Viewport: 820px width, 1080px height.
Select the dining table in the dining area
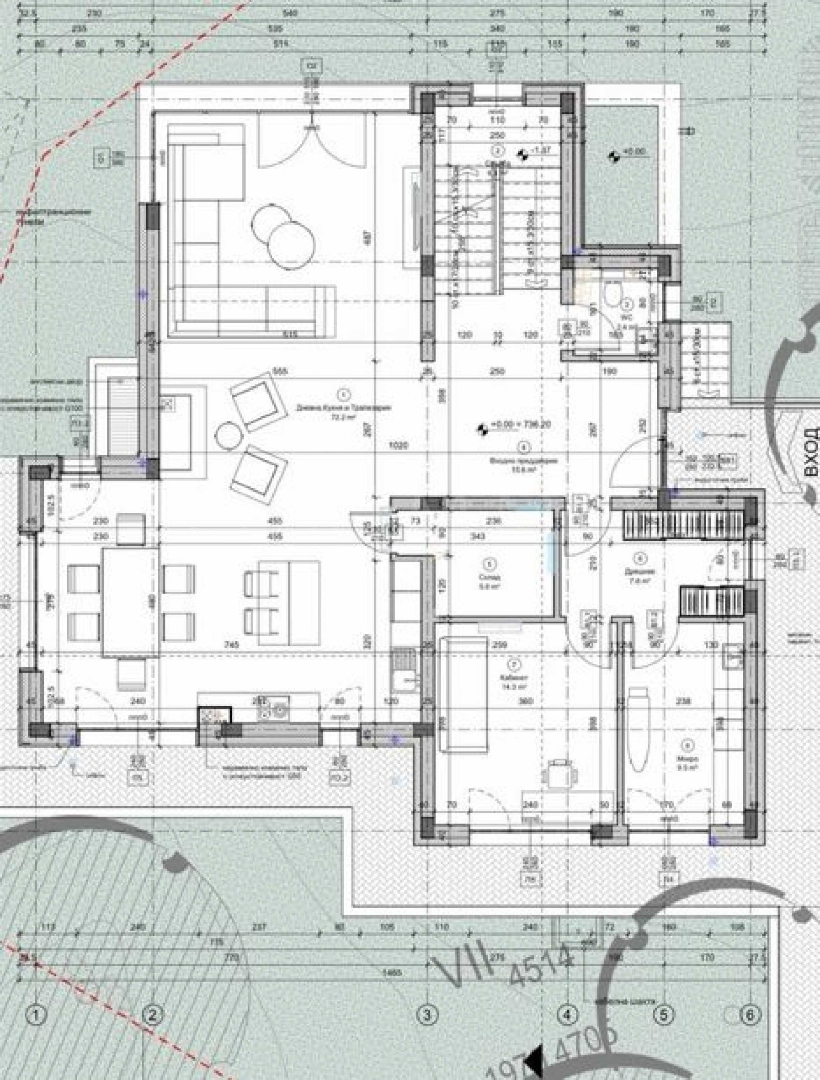pos(131,602)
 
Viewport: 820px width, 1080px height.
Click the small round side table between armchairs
pos(228,436)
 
